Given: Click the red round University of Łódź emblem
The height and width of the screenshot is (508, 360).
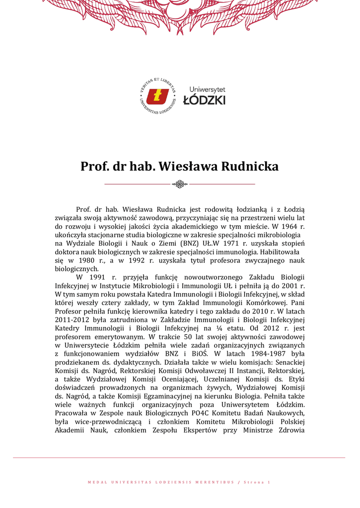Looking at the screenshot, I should coord(158,96).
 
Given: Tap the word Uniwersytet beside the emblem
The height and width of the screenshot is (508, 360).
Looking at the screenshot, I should coord(207,89).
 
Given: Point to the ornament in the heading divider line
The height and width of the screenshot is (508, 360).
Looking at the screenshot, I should coord(179,185).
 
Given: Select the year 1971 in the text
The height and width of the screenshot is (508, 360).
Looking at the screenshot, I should coord(226,243).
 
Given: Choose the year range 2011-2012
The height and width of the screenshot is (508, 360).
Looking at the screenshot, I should coord(70,319).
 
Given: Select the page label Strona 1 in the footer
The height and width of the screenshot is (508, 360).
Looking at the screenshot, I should coord(258,482).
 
